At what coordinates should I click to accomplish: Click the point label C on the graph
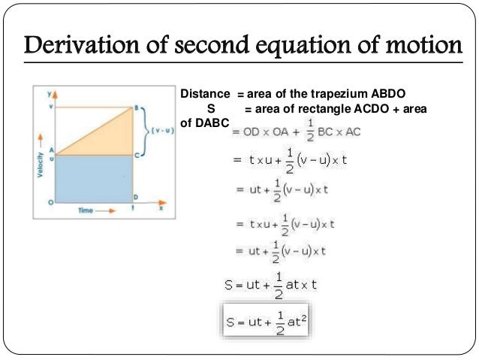137,154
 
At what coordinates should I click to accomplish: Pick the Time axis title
86,210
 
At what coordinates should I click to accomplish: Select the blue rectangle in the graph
92,179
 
